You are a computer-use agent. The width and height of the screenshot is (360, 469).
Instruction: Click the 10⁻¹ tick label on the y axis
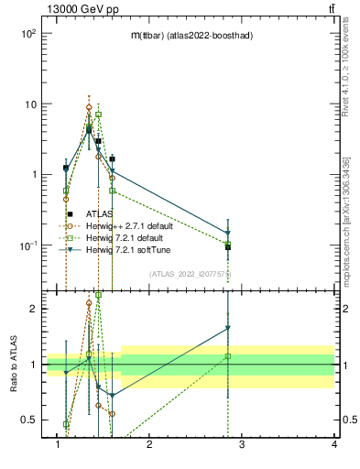(x=27, y=245)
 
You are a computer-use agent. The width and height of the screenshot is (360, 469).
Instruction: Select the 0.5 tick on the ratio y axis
(x=27, y=420)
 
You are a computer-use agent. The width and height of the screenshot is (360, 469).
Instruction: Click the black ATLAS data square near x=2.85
(x=228, y=247)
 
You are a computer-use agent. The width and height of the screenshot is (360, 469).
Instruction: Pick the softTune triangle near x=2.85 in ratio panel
(x=228, y=328)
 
